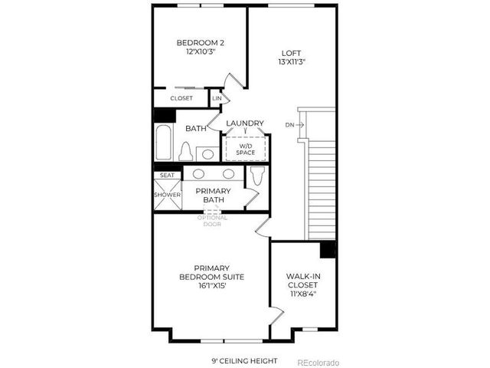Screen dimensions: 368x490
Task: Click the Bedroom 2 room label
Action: (x=200, y=43)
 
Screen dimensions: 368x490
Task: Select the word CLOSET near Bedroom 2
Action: (x=181, y=98)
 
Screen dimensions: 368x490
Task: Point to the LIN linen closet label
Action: (x=217, y=98)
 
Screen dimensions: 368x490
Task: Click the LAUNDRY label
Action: (x=245, y=123)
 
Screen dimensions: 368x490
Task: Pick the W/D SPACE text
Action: (x=245, y=149)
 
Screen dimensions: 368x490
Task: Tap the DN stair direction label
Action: (x=289, y=124)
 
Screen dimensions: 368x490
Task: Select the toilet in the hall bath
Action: (x=185, y=152)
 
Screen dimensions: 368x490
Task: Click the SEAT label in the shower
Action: (x=166, y=176)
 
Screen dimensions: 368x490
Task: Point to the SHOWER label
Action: (x=167, y=195)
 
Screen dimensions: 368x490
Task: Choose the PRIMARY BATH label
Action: (x=213, y=195)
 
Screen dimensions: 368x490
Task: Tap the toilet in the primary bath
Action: (x=257, y=177)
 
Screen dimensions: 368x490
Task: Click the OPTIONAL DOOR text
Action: (x=212, y=220)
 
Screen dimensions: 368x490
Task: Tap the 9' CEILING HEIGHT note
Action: (x=244, y=360)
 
